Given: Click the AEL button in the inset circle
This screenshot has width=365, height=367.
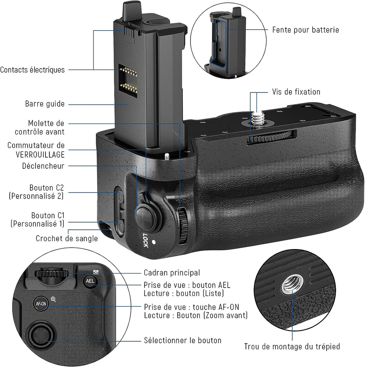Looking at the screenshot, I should tap(90, 281).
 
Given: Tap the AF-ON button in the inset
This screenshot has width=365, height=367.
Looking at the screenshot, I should tap(41, 303).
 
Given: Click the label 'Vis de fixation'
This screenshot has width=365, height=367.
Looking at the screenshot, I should tap(296, 92).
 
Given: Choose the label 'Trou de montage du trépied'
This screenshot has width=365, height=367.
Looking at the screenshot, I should tap(292, 347).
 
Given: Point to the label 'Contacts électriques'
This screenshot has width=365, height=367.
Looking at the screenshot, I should tap(33, 70).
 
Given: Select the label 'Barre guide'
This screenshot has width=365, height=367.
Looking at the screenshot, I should tap(45, 104).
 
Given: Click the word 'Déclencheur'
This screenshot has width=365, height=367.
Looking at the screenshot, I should tap(43, 166).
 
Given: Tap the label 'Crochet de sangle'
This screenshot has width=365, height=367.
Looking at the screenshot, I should tap(67, 238).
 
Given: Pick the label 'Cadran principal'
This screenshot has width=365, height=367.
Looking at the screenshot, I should tap(172, 273).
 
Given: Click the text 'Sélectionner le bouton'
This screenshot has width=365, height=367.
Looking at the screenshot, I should tap(183, 340).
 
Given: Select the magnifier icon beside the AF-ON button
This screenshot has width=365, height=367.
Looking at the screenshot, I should tap(53, 299).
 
